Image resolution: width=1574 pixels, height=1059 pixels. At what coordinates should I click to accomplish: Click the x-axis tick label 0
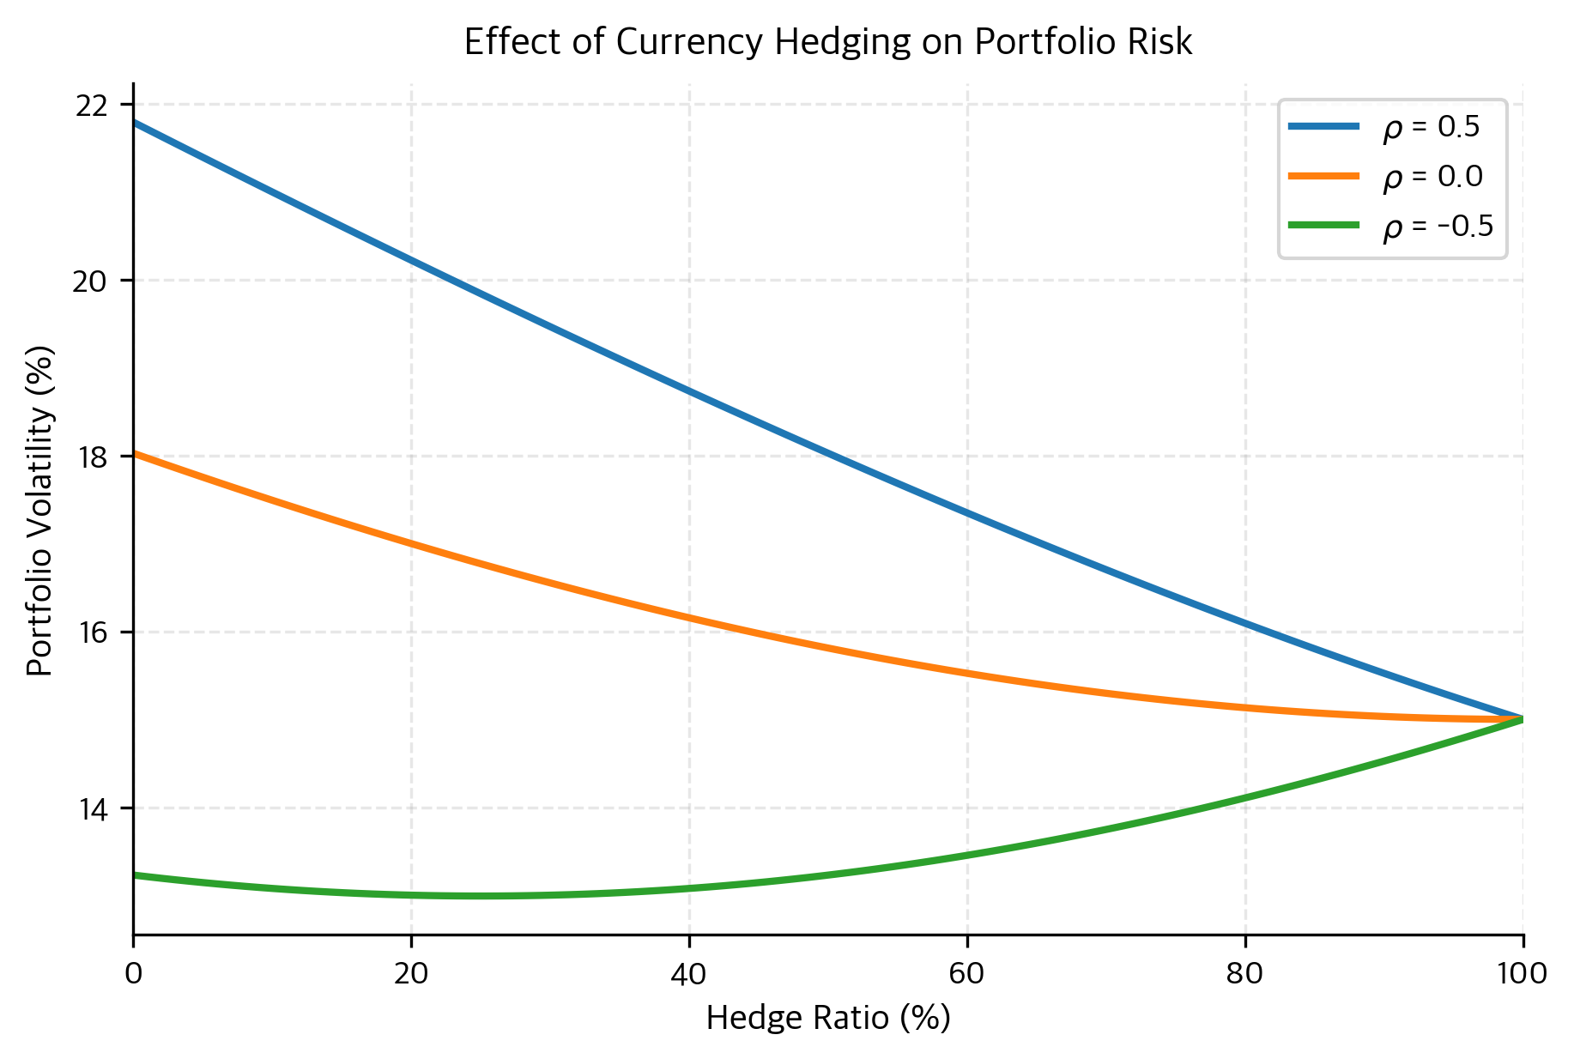click(133, 973)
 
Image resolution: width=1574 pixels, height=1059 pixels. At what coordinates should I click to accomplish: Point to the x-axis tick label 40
click(689, 973)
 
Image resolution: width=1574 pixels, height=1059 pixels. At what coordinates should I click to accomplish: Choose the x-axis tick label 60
click(967, 973)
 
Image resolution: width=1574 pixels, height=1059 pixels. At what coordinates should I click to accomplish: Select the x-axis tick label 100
click(1523, 973)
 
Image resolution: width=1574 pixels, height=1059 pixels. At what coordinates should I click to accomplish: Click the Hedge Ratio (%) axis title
click(827, 1019)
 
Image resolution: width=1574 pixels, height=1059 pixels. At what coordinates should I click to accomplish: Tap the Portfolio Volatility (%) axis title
click(40, 511)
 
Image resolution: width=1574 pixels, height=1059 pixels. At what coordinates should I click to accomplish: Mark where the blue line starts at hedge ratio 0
click(135, 123)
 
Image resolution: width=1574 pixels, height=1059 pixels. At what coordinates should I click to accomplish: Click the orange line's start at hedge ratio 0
click(135, 453)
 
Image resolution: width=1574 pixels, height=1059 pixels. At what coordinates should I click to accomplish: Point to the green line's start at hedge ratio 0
click(135, 875)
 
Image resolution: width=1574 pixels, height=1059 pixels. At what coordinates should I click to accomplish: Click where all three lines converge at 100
click(1522, 719)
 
